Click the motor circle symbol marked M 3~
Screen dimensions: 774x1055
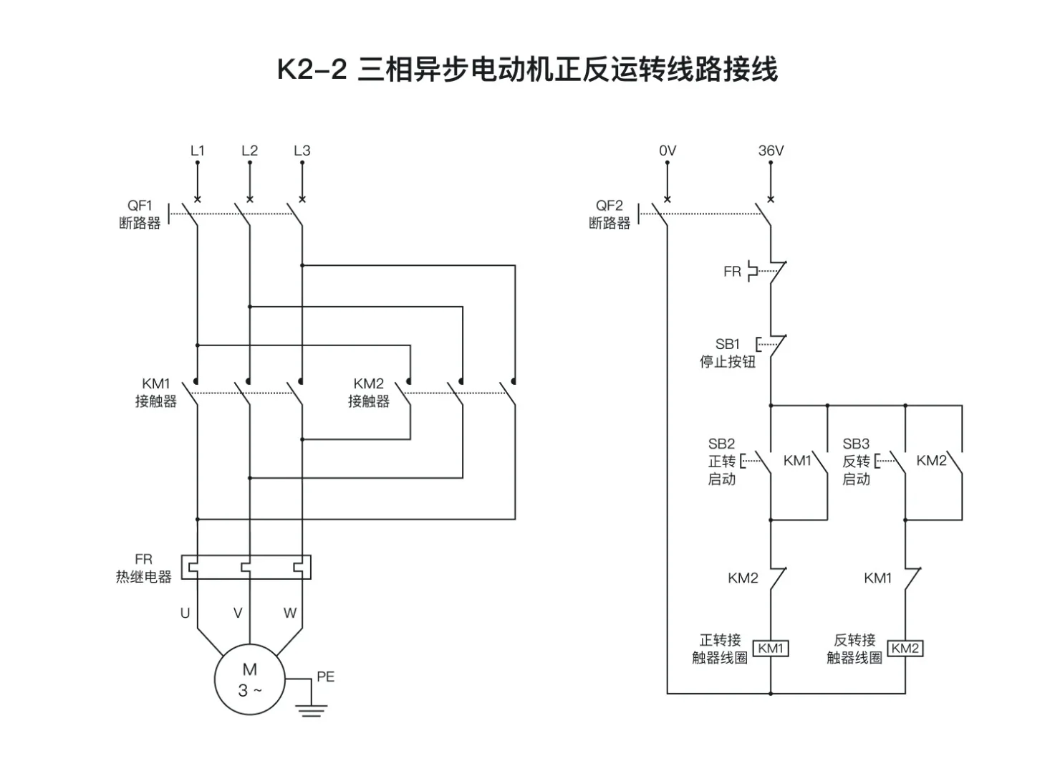point(249,679)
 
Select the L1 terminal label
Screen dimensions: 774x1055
point(198,150)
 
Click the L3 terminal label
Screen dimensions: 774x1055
point(302,150)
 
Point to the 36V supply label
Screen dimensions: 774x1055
point(771,150)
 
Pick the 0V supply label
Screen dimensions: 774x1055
point(667,150)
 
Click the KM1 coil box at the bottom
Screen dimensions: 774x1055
point(771,648)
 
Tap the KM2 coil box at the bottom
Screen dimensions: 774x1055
point(905,648)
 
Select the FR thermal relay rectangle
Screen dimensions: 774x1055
point(246,566)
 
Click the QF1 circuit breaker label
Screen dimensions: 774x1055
point(140,214)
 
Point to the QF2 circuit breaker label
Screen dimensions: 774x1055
point(610,214)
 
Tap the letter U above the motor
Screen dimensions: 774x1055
point(185,613)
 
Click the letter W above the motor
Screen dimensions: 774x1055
point(289,613)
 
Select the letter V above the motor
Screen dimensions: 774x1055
point(238,613)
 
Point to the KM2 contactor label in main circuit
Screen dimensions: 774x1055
point(369,392)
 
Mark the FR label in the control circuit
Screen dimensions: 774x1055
point(732,272)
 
